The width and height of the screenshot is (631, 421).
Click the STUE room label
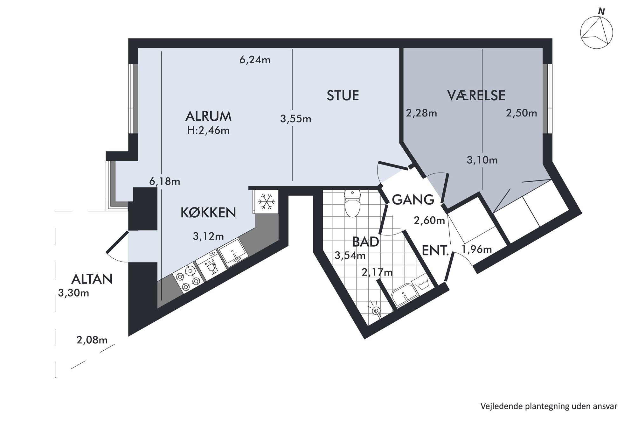[x=343, y=95]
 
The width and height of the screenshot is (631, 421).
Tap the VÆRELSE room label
[x=476, y=95]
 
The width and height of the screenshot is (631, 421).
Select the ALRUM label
[x=208, y=116]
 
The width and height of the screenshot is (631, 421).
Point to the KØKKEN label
[x=208, y=212]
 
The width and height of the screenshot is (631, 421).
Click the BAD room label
[x=365, y=242]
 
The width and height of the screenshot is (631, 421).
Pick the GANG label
[x=413, y=200]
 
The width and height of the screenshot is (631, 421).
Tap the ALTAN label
[x=92, y=279]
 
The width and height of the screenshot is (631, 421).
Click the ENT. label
[x=435, y=251]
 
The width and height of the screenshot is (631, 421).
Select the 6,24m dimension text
[x=255, y=60]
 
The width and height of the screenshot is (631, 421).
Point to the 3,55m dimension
[x=295, y=119]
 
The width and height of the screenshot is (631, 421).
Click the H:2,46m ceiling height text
[x=208, y=130]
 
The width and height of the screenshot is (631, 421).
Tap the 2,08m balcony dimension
[x=92, y=340]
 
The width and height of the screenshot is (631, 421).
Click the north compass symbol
[x=596, y=33]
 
